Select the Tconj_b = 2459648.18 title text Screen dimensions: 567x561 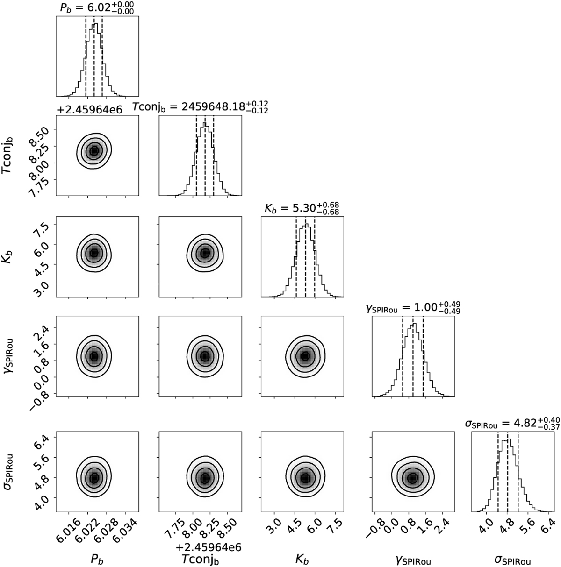coord(200,108)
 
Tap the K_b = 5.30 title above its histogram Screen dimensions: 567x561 coord(302,209)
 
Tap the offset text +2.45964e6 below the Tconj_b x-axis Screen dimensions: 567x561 coord(206,546)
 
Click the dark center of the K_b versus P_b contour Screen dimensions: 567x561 coord(94,253)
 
